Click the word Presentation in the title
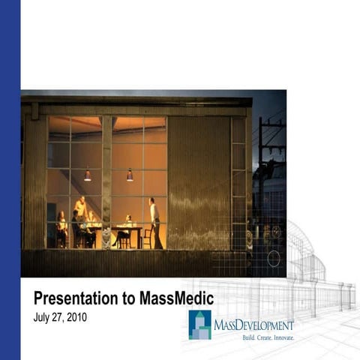75,298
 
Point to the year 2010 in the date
76,317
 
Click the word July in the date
44,317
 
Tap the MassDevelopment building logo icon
199,325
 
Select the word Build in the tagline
250,338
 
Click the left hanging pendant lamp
88,176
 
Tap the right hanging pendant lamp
130,175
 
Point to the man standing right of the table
154,222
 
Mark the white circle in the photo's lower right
274,259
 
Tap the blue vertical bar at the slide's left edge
10,180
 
